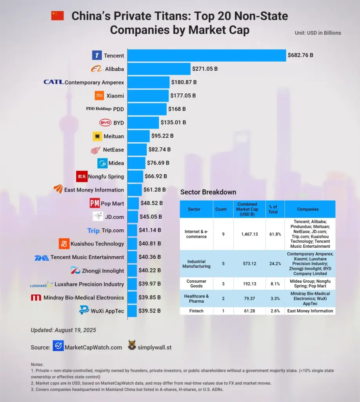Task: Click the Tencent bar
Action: point(207,55)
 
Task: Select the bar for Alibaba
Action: point(159,69)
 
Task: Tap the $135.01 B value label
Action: point(173,122)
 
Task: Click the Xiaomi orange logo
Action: point(100,95)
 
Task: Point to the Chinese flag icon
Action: point(57,16)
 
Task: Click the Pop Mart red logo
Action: point(95,203)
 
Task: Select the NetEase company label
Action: point(113,150)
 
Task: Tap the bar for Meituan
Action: point(139,136)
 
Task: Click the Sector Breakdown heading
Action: point(208,192)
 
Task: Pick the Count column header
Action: point(221,209)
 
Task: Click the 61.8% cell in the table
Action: point(273,234)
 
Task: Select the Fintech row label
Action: point(196,311)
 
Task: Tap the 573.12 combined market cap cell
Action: point(247,263)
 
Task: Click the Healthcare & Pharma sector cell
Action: point(196,299)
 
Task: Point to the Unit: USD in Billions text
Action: point(318,33)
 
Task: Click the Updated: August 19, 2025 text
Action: point(63,330)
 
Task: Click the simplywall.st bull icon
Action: point(132,346)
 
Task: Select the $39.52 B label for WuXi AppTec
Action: point(149,311)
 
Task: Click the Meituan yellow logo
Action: point(97,136)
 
